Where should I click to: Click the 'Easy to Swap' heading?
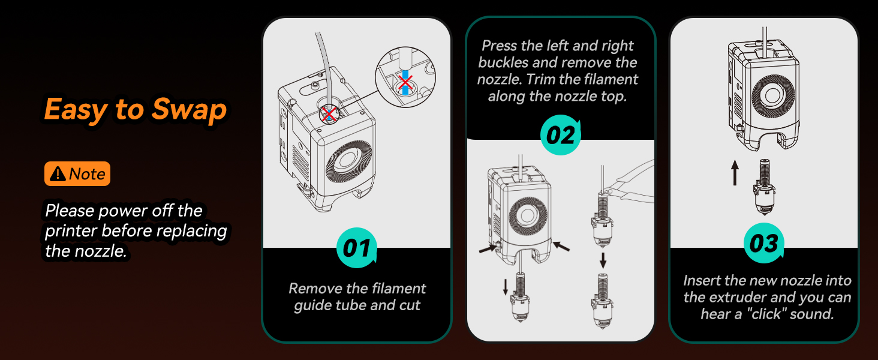point(136,110)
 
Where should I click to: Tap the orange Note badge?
point(77,174)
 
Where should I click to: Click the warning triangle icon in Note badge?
point(58,174)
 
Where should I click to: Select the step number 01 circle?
point(357,248)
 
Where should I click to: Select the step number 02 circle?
point(561,135)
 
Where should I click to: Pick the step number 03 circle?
point(764,244)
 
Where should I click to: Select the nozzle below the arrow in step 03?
point(765,186)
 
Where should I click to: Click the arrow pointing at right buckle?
point(561,246)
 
